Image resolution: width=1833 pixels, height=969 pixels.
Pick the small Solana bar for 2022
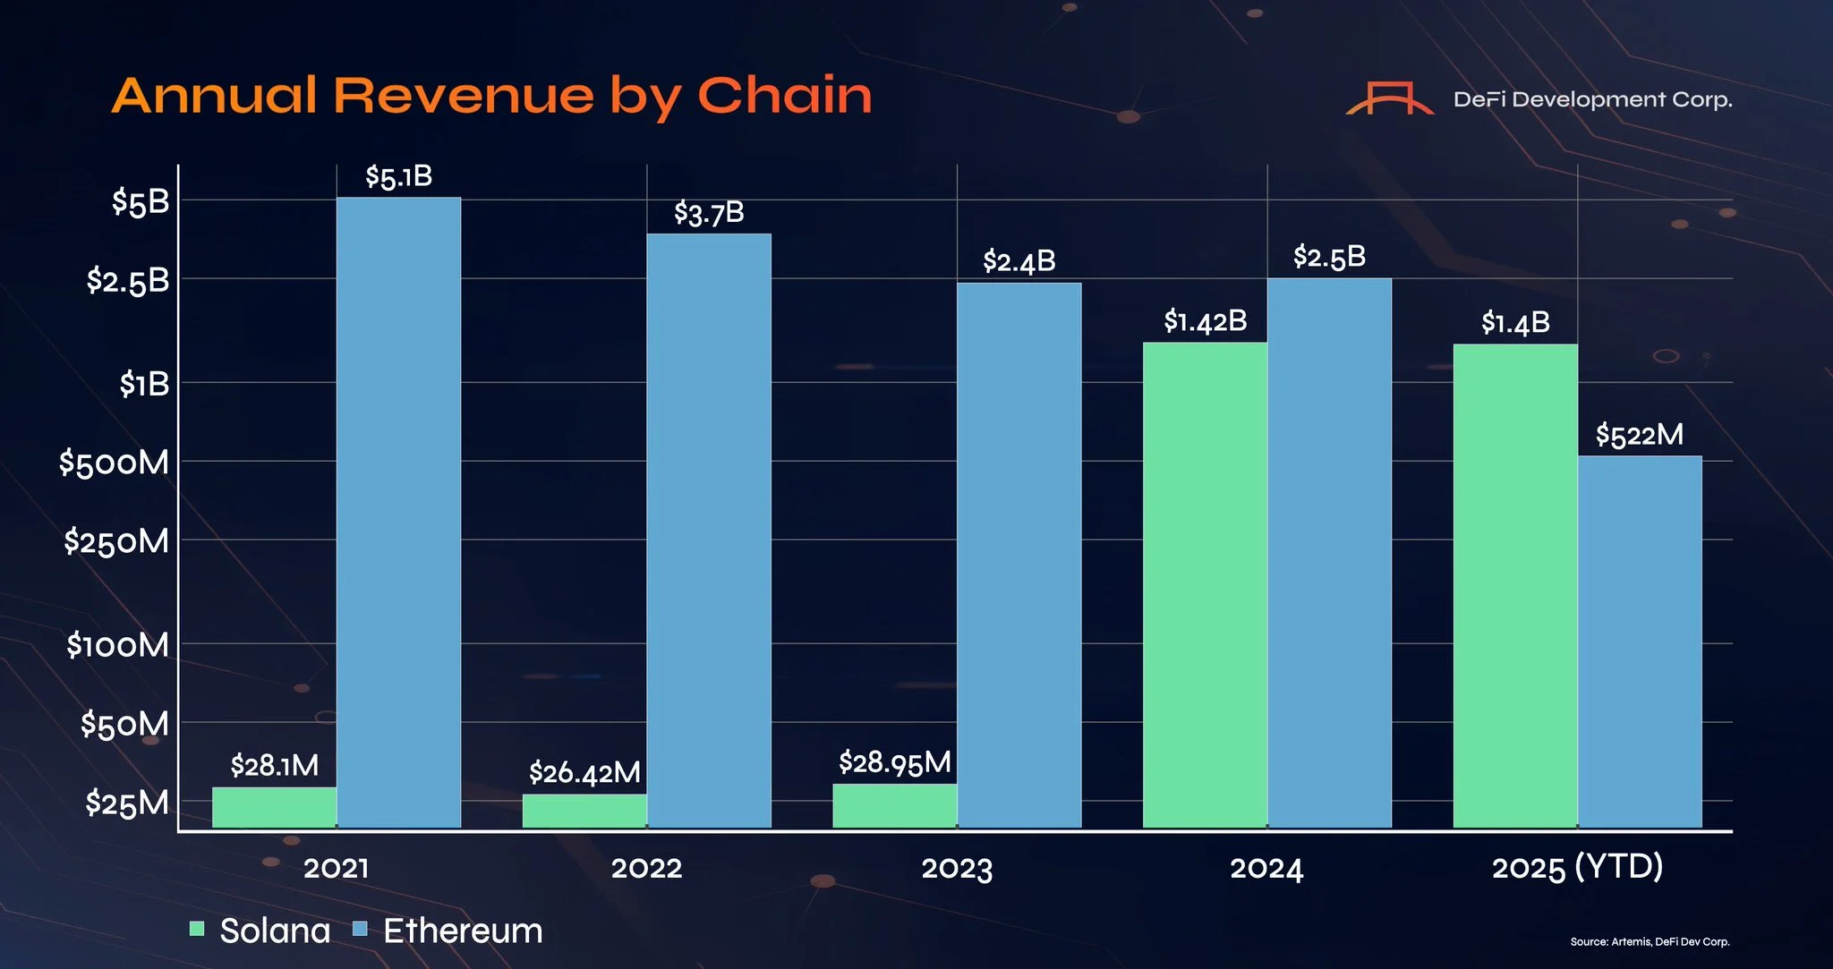584,811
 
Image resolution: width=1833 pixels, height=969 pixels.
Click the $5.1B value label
398,177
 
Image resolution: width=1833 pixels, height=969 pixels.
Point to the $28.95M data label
894,763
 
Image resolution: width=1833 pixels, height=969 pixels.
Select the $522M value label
1639,436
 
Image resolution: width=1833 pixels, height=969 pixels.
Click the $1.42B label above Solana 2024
1205,321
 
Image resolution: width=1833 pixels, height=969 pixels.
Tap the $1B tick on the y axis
144,385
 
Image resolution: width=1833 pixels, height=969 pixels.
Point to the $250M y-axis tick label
115,542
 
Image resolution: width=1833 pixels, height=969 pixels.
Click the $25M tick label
126,803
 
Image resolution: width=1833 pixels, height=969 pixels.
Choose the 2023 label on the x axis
957,868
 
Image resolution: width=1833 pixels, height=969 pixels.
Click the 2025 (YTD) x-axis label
1577,867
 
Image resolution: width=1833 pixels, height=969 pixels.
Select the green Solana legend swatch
197,929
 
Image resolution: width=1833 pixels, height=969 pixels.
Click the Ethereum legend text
463,931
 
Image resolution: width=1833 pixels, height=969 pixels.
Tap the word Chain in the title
784,96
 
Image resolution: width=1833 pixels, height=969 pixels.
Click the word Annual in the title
215,96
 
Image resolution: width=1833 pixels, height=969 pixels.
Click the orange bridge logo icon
1389,98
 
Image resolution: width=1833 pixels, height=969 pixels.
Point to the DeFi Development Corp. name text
1592,100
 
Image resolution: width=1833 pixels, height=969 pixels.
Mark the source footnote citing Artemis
1650,942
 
